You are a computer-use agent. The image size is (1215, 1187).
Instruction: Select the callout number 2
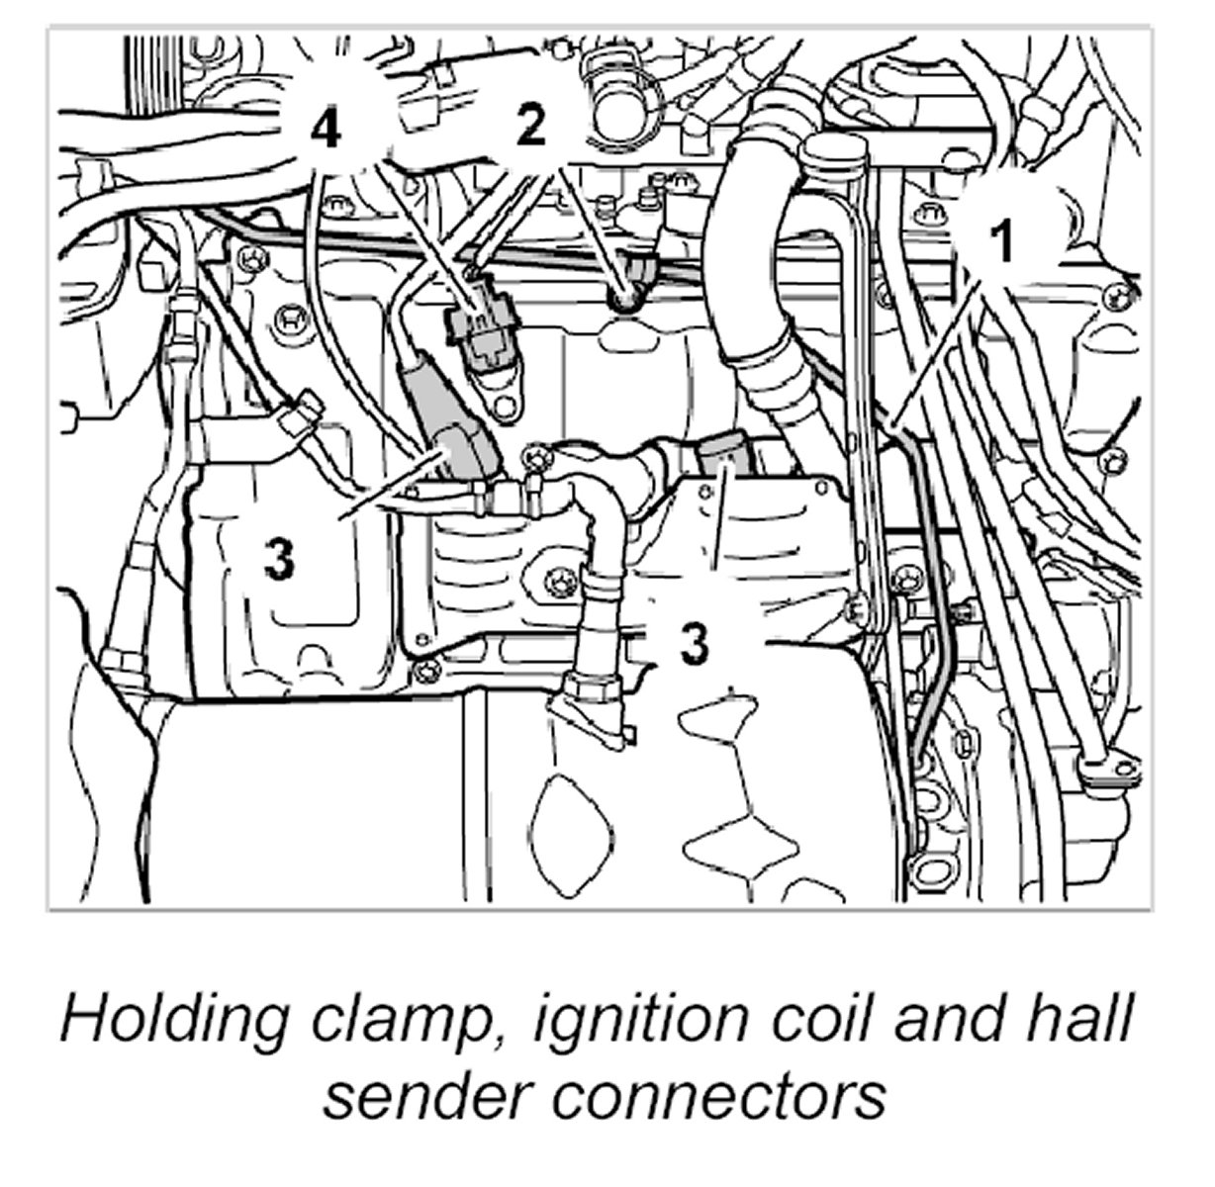tap(531, 126)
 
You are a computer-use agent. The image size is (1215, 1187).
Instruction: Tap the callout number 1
tap(1003, 240)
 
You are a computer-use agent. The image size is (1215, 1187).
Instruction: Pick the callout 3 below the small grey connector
tap(695, 642)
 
